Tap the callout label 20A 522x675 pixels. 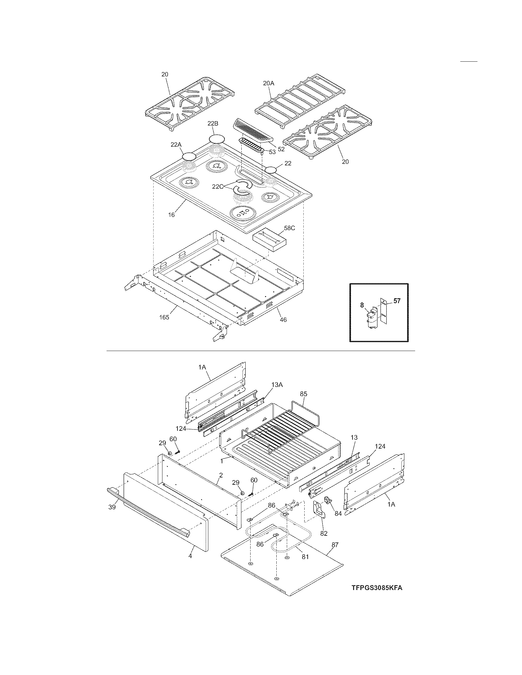pyautogui.click(x=268, y=83)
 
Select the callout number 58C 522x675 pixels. pyautogui.click(x=290, y=228)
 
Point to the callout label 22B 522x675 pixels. pyautogui.click(x=213, y=123)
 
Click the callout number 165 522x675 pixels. pyautogui.click(x=164, y=317)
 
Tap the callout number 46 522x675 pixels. pyautogui.click(x=283, y=320)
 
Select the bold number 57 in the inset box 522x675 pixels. pyautogui.click(x=397, y=301)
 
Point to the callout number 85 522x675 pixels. pyautogui.click(x=304, y=394)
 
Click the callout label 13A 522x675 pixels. pyautogui.click(x=277, y=385)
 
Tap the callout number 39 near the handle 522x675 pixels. pyautogui.click(x=112, y=507)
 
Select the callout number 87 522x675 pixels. pyautogui.click(x=335, y=545)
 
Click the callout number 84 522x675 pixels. pyautogui.click(x=338, y=513)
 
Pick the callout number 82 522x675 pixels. pyautogui.click(x=324, y=533)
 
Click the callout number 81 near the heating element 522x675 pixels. pyautogui.click(x=305, y=557)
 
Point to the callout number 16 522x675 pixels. pyautogui.click(x=171, y=214)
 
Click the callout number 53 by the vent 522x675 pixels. pyautogui.click(x=272, y=152)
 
